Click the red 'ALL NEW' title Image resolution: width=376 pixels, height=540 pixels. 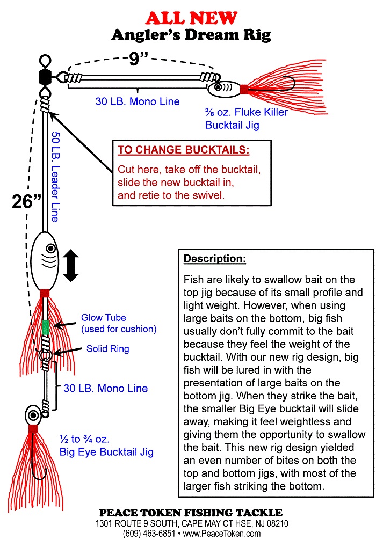coord(191,18)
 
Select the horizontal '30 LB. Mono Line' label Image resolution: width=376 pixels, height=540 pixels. coord(138,101)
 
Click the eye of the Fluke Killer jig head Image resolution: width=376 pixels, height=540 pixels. coord(219,87)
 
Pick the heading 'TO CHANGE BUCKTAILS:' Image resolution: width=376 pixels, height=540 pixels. coord(184,149)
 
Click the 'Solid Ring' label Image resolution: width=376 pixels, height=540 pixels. coord(108,349)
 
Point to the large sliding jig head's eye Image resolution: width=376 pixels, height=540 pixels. coord(50,249)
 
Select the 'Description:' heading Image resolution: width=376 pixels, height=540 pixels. coord(215,259)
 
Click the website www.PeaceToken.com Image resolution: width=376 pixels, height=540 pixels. coord(222,533)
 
